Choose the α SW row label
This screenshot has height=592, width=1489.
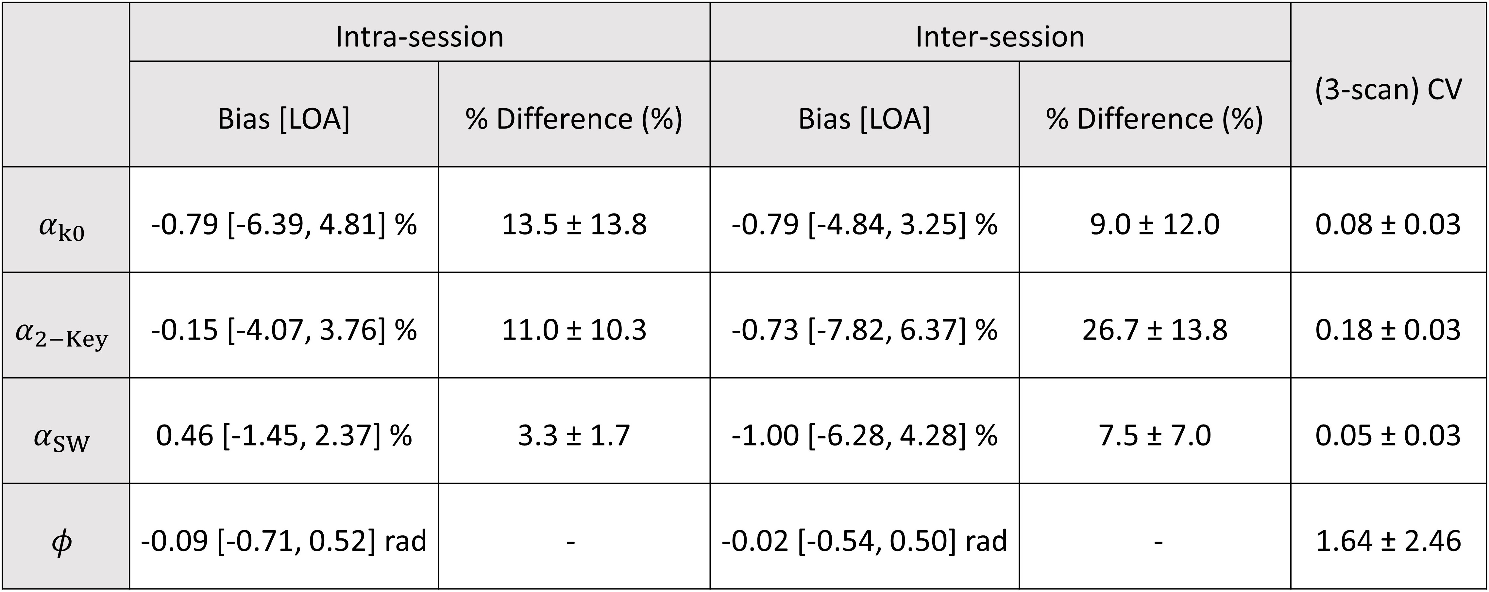click(x=62, y=438)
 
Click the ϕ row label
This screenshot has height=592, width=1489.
click(x=62, y=542)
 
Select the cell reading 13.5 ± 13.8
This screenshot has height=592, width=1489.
click(x=574, y=224)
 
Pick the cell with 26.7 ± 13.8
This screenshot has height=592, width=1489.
click(x=1155, y=330)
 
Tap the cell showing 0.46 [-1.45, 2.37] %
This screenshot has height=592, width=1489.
click(x=284, y=435)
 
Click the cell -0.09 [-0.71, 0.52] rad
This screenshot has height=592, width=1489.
click(x=284, y=541)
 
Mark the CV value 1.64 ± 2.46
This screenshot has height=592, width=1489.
click(x=1388, y=541)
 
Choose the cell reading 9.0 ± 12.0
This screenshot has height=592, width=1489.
click(x=1155, y=224)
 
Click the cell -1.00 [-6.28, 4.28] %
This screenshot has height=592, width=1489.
click(x=865, y=435)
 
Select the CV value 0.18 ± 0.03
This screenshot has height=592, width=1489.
click(x=1388, y=330)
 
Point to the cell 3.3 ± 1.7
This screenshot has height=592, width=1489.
click(x=574, y=435)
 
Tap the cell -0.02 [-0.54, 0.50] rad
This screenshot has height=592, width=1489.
click(x=865, y=541)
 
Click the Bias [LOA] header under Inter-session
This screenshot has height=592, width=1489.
click(x=865, y=119)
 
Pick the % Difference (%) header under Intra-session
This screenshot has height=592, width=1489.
click(x=574, y=119)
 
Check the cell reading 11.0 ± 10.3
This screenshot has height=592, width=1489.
click(x=574, y=330)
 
